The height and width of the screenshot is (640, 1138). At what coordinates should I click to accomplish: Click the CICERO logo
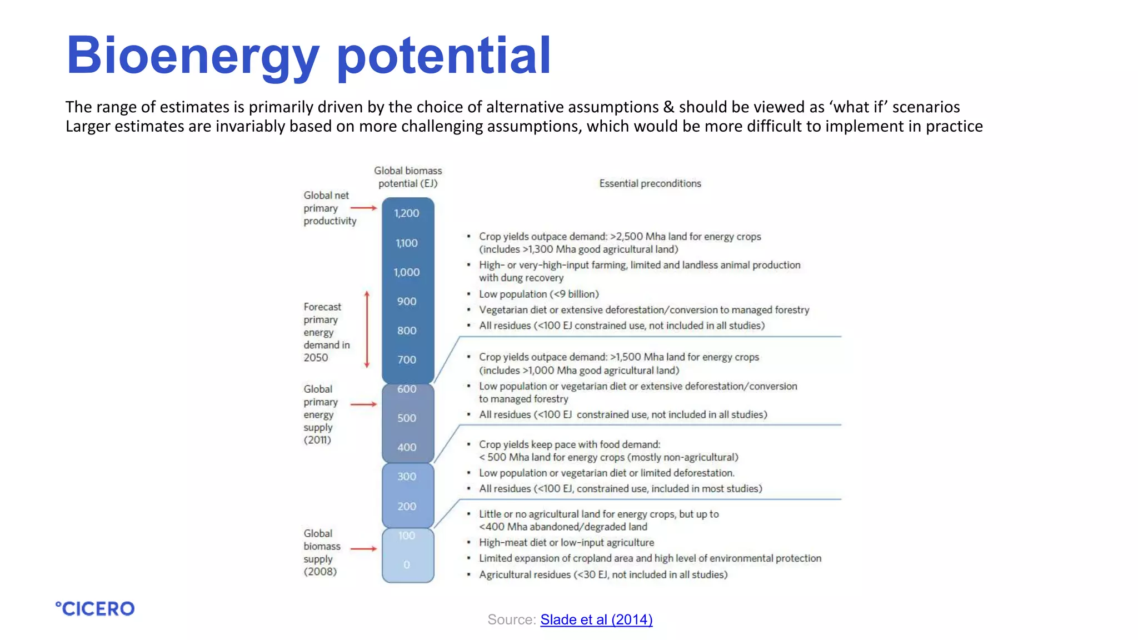point(95,609)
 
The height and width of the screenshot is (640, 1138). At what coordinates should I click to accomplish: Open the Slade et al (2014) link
point(596,619)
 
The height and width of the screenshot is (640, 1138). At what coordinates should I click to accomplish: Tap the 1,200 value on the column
point(407,213)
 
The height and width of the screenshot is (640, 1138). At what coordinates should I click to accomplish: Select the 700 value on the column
point(407,360)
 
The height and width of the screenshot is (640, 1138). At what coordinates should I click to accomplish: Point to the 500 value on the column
point(407,418)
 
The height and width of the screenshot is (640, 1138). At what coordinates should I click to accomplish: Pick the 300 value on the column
point(407,477)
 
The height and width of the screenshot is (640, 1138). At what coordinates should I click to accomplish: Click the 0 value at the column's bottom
point(407,565)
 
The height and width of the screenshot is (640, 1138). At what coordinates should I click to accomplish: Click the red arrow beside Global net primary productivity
point(364,208)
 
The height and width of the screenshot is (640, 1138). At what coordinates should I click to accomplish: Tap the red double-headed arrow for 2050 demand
point(367,329)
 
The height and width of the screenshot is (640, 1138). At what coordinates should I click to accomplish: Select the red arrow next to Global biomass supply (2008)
point(364,548)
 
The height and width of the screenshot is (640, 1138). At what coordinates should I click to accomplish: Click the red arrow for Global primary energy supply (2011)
point(364,404)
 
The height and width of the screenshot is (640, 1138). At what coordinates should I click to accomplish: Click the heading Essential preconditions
point(650,183)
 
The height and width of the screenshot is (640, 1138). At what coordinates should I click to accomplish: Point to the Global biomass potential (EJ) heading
point(408,177)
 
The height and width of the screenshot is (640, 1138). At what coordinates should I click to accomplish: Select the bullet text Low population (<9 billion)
point(538,294)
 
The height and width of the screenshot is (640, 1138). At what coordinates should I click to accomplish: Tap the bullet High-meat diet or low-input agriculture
point(566,542)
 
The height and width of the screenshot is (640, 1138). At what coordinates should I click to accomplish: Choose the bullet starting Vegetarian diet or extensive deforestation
point(644,310)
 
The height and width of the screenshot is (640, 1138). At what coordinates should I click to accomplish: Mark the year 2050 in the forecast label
point(316,358)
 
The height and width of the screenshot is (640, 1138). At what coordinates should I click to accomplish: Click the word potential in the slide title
point(443,56)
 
